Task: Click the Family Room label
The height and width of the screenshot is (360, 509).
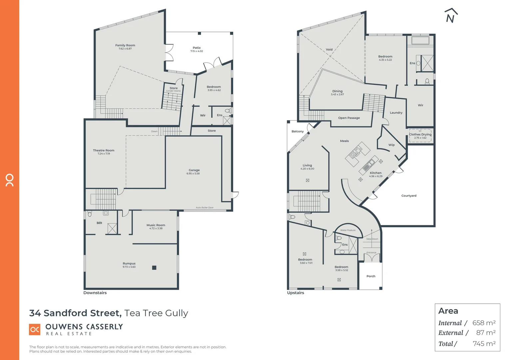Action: [x=125, y=45]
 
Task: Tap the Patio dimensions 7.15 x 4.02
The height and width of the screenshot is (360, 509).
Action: [x=197, y=51]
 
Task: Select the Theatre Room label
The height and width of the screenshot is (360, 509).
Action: [x=104, y=150]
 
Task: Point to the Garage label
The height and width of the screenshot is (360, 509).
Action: [x=194, y=170]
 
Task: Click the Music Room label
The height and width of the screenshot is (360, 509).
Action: [x=156, y=225]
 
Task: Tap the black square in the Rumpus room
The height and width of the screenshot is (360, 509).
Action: [x=154, y=268]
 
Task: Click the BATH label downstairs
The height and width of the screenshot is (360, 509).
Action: [x=99, y=223]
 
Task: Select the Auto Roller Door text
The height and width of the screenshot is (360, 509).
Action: [x=205, y=208]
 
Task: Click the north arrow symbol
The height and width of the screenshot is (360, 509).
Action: [x=451, y=16]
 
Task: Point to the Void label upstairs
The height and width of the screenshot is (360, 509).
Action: [x=329, y=49]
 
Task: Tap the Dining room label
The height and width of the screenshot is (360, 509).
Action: [x=337, y=91]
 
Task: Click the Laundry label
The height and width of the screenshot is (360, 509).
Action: [x=396, y=113]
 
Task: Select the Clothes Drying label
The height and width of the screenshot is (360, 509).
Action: [x=420, y=134]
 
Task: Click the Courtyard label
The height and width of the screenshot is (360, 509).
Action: [x=409, y=196]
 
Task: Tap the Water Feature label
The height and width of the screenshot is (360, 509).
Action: [x=348, y=230]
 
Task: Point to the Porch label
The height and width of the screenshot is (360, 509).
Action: [x=371, y=276]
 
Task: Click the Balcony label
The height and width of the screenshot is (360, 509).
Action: [x=297, y=131]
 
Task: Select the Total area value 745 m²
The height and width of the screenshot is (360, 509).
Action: [x=484, y=344]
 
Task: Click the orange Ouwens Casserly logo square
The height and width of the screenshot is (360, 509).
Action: [x=35, y=330]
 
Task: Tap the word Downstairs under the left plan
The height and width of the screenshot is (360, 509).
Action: [x=95, y=293]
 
